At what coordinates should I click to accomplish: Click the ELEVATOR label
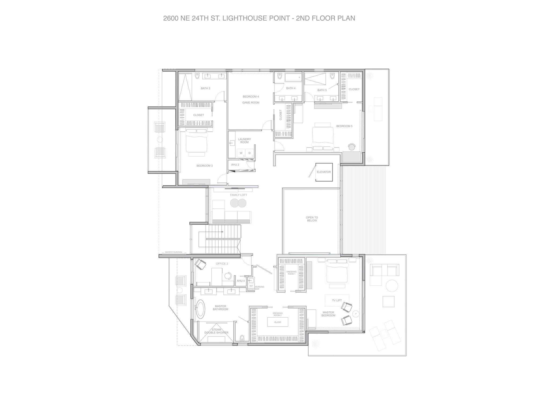[x=324, y=172]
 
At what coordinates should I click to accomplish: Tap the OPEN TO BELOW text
[x=312, y=219]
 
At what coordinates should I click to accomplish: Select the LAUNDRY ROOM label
[x=244, y=141]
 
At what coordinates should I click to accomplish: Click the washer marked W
[x=241, y=153]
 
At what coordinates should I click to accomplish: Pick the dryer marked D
[x=249, y=153]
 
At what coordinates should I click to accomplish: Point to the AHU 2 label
[x=235, y=165]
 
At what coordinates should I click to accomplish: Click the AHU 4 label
[x=241, y=281]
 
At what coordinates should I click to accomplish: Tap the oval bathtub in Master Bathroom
[x=200, y=309]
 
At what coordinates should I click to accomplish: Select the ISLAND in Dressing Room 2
[x=278, y=322]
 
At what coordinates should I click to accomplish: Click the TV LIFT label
[x=337, y=300]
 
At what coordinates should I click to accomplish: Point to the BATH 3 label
[x=205, y=88]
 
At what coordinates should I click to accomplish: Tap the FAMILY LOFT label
[x=238, y=195]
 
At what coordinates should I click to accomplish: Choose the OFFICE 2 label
[x=222, y=264]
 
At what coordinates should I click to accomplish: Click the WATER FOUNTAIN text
[x=173, y=252]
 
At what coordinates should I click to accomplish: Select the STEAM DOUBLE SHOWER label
[x=216, y=331]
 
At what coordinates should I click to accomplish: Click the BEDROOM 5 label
[x=344, y=126]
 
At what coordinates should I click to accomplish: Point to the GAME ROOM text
[x=251, y=103]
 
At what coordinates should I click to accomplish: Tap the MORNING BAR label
[x=259, y=288]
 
